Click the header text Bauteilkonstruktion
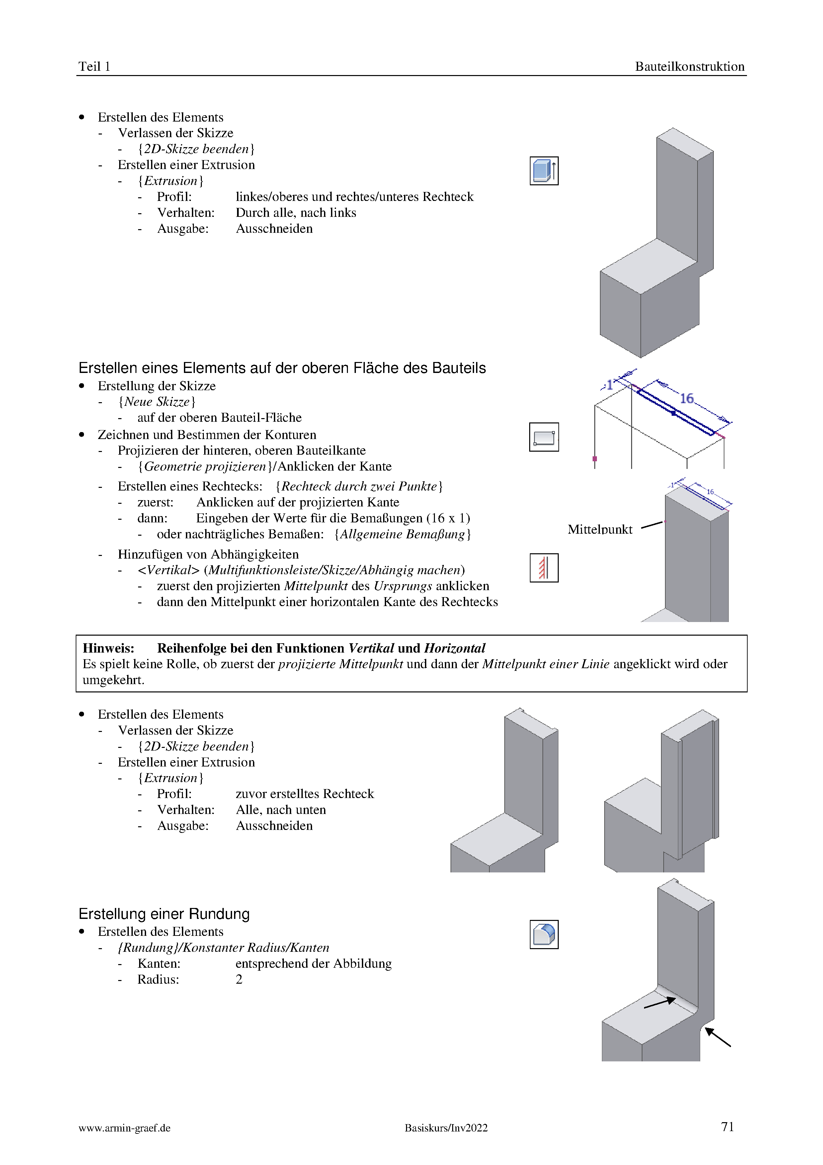(x=689, y=66)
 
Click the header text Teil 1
(x=94, y=66)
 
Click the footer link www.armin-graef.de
(x=124, y=1128)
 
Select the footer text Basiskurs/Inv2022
(x=446, y=1128)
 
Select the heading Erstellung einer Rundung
(x=164, y=914)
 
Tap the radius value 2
(x=239, y=979)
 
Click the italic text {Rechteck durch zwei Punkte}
(x=359, y=486)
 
